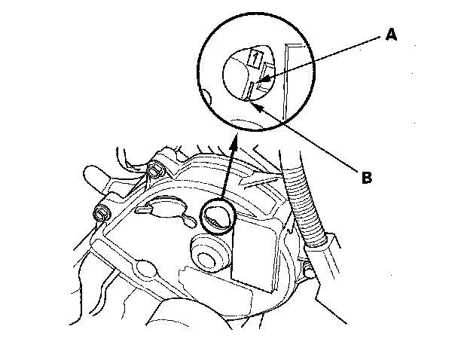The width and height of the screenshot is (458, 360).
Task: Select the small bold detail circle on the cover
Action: [x=219, y=218]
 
